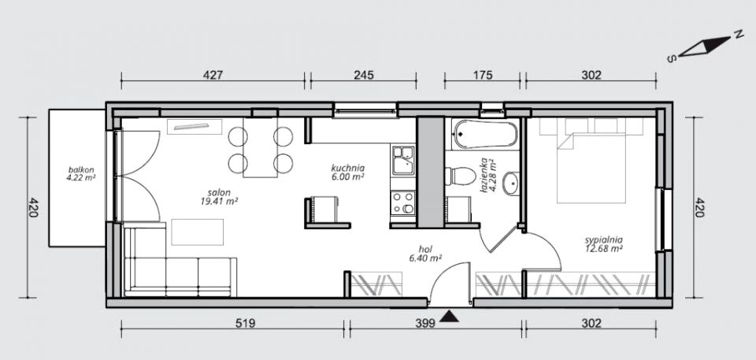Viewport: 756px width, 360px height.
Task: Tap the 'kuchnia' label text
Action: (x=347, y=168)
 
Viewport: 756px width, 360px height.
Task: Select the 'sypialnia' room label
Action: (x=604, y=239)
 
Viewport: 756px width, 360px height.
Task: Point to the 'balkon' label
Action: (x=81, y=170)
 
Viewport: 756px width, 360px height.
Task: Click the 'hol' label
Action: (x=425, y=249)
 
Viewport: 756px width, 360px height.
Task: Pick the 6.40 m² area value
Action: (x=425, y=258)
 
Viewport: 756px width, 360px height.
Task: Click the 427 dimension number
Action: (x=213, y=75)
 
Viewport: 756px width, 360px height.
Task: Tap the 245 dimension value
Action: (x=364, y=75)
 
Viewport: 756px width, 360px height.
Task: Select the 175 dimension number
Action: (x=482, y=75)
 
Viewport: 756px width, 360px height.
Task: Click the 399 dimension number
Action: (x=425, y=323)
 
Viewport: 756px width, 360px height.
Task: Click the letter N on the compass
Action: (x=737, y=34)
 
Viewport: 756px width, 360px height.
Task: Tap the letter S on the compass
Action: (x=671, y=59)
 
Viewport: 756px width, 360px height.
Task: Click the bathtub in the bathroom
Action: (x=486, y=134)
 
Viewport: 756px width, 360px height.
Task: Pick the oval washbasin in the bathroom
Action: (x=511, y=184)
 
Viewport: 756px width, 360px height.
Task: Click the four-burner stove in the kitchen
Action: (x=402, y=202)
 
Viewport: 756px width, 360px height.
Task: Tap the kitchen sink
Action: (x=402, y=160)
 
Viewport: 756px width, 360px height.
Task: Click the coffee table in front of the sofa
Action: (x=198, y=232)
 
